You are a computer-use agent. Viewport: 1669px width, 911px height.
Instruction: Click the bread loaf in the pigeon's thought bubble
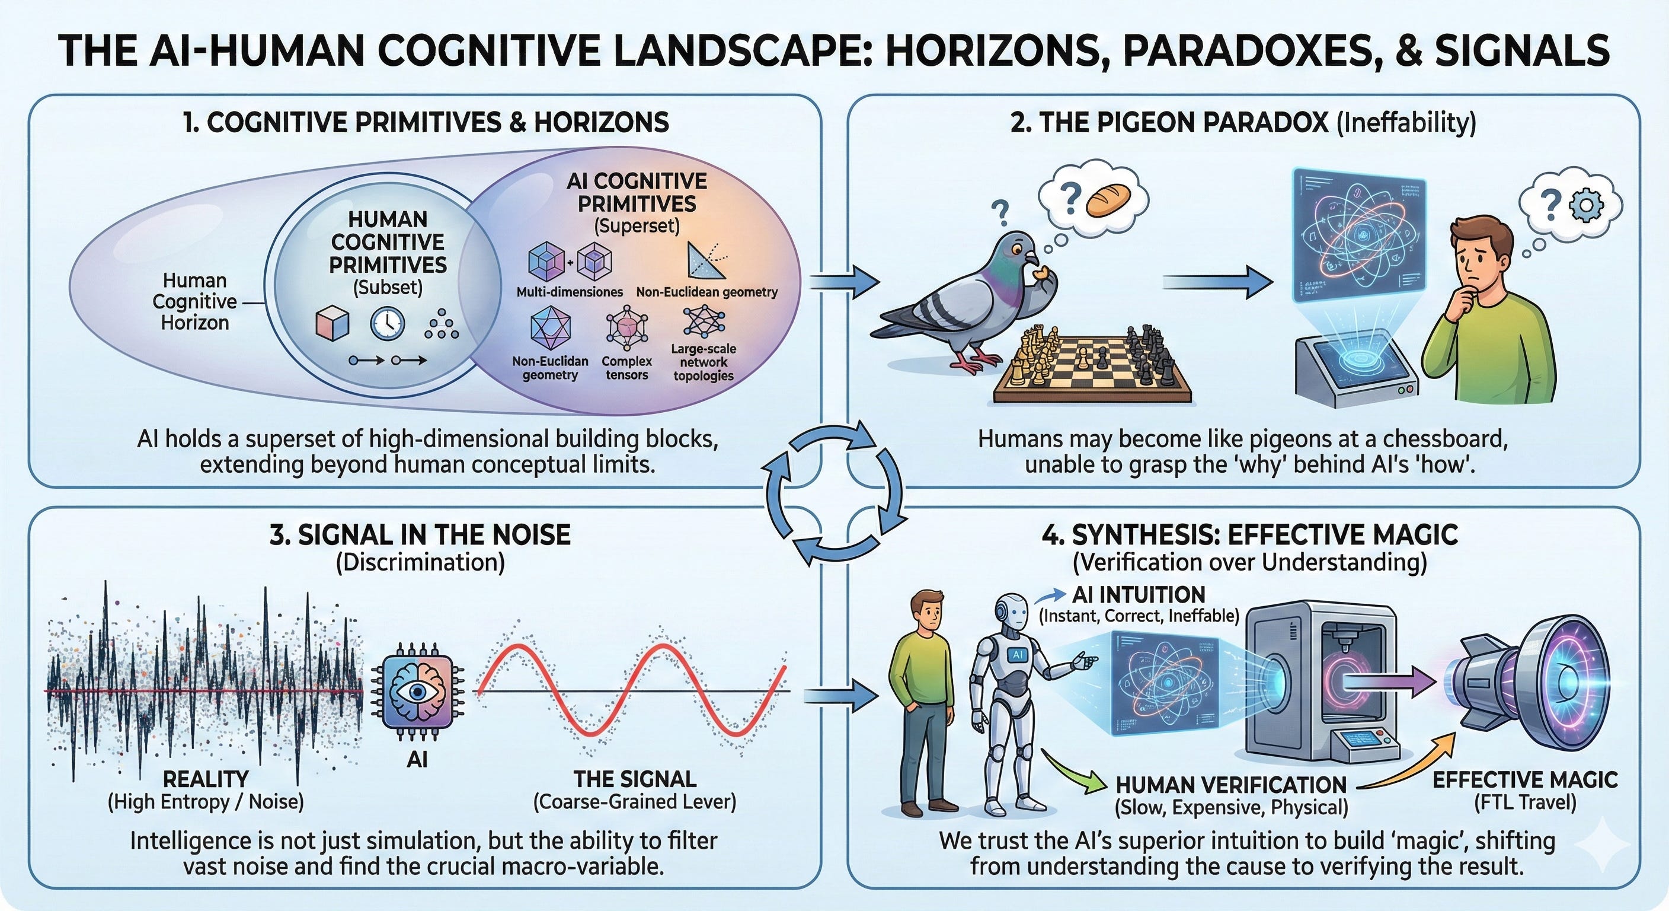click(1105, 202)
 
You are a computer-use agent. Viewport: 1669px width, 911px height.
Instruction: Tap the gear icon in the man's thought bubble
click(1586, 206)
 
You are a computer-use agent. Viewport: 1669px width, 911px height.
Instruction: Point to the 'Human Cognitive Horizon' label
click(194, 301)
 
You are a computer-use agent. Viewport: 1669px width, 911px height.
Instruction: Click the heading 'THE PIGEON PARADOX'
click(1170, 123)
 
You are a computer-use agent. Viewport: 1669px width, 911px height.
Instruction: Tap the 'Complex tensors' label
click(626, 368)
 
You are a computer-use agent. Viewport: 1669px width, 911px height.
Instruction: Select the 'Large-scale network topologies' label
click(703, 362)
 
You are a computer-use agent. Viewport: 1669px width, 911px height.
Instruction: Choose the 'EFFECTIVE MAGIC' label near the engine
click(1524, 779)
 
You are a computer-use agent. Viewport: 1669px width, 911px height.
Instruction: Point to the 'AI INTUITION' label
click(1139, 594)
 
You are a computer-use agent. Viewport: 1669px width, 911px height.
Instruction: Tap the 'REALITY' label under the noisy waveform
click(206, 779)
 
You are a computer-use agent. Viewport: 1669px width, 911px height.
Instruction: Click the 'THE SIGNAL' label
click(634, 779)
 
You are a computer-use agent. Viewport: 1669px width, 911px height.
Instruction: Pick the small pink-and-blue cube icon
click(332, 324)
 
